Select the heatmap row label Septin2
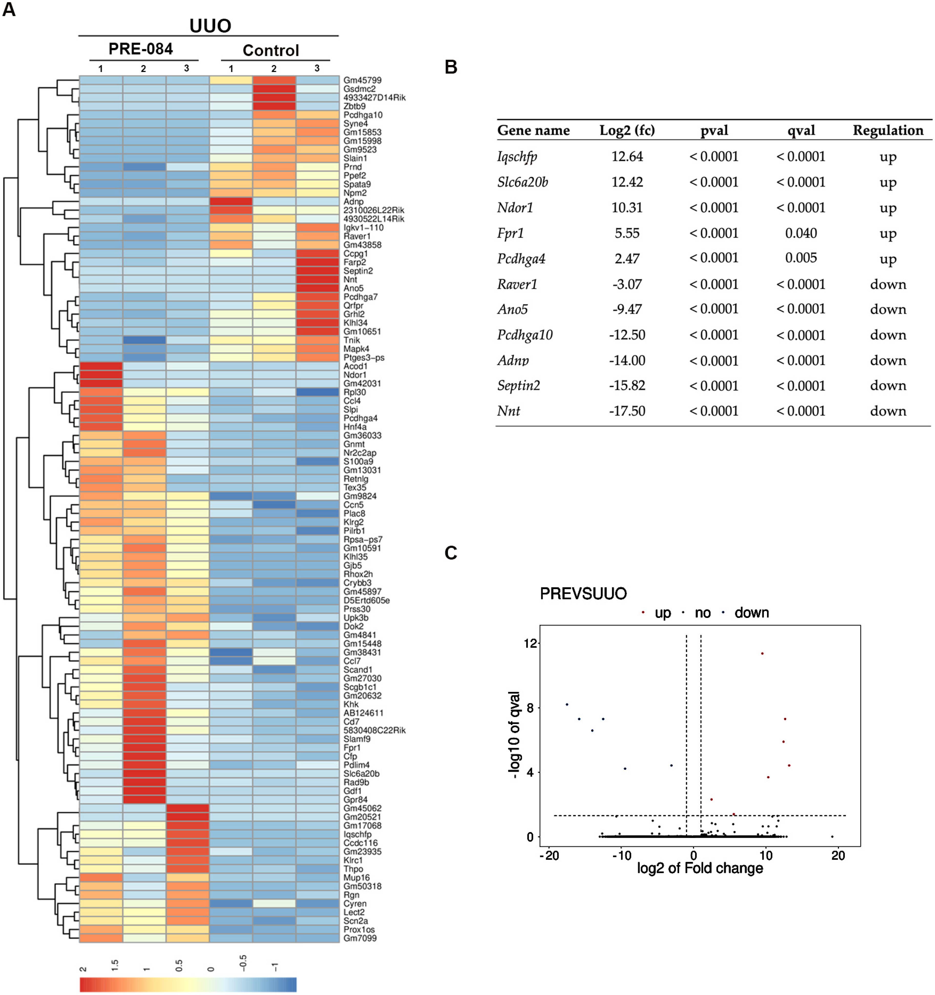[358, 271]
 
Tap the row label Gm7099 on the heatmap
[360, 938]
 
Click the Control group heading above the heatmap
[271, 50]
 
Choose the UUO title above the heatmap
[210, 26]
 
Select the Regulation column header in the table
[888, 131]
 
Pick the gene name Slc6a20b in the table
[522, 182]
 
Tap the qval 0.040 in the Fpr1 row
[801, 233]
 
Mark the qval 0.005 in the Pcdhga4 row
[801, 258]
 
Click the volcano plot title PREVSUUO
[583, 594]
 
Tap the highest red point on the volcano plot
[762, 653]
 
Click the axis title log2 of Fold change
[700, 868]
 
